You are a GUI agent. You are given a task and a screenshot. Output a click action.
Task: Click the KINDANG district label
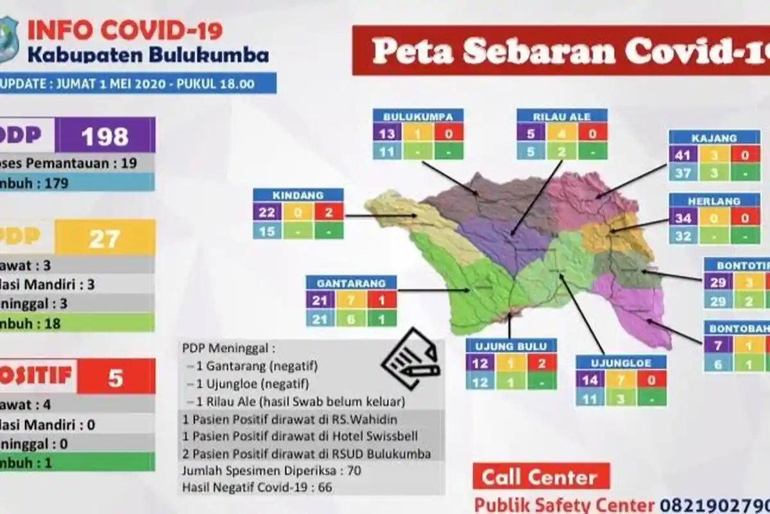click(298, 195)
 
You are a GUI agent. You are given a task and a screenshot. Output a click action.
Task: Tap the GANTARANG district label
click(351, 283)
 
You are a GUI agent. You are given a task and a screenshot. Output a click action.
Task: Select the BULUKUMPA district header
click(418, 116)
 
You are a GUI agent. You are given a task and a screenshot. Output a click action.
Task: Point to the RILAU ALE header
click(562, 116)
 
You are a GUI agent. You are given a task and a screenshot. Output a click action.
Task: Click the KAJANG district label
click(714, 137)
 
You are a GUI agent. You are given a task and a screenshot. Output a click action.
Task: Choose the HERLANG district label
click(714, 200)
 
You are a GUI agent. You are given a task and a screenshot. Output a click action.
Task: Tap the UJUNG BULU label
click(511, 346)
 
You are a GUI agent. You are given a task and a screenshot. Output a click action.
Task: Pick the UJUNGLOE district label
click(620, 363)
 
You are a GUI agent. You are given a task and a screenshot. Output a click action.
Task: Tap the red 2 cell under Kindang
click(329, 212)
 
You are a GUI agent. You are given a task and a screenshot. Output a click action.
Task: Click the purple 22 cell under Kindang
click(267, 212)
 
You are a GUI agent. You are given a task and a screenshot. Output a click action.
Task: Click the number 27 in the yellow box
click(105, 238)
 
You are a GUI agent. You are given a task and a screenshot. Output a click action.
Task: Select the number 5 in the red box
click(116, 377)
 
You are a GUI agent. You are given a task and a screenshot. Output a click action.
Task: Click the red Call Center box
click(540, 477)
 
